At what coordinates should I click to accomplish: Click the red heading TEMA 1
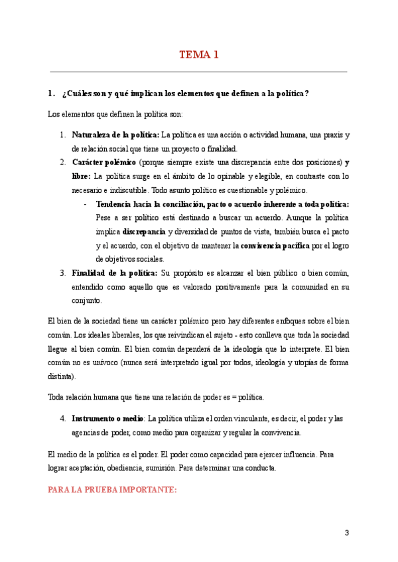[x=198, y=55]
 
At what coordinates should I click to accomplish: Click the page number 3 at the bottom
[x=346, y=533]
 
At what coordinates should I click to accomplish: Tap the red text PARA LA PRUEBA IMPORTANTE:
[x=113, y=490]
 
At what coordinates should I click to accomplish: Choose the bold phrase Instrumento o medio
[x=107, y=419]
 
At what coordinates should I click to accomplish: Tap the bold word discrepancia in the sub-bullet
[x=144, y=231]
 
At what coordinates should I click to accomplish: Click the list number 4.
[x=62, y=419]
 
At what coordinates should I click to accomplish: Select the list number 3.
[x=62, y=272]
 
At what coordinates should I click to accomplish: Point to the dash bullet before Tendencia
[x=86, y=204]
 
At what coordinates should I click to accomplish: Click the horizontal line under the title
[x=198, y=72]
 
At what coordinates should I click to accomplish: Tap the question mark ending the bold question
[x=306, y=93]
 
